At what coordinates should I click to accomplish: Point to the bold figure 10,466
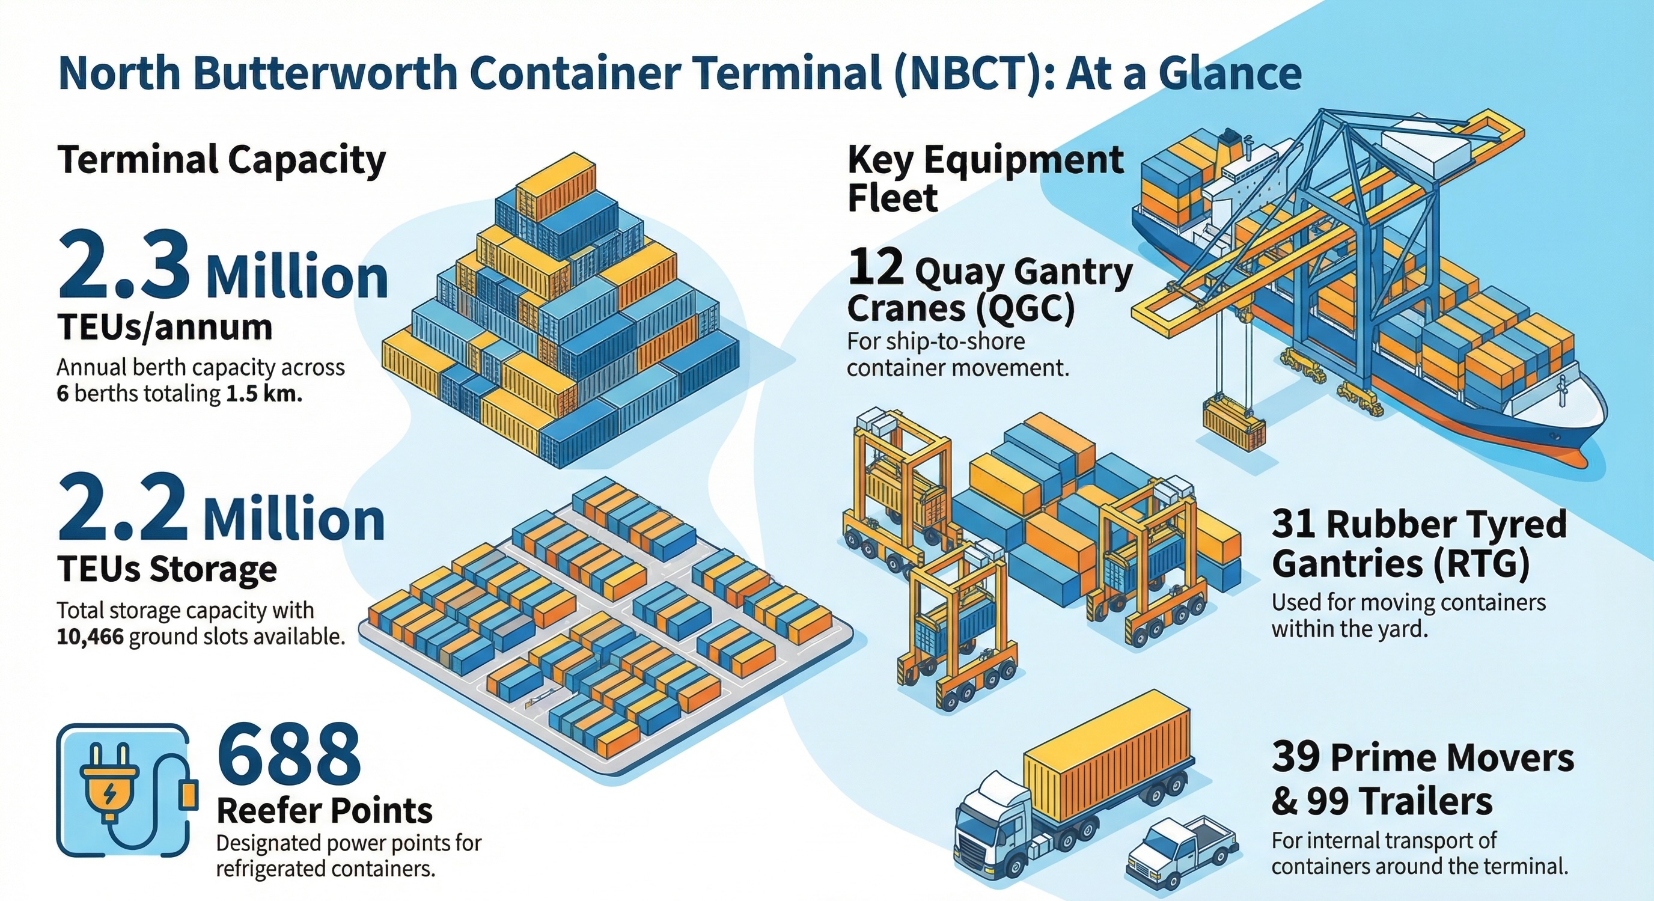tap(90, 638)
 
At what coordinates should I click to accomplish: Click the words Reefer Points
tap(325, 811)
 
